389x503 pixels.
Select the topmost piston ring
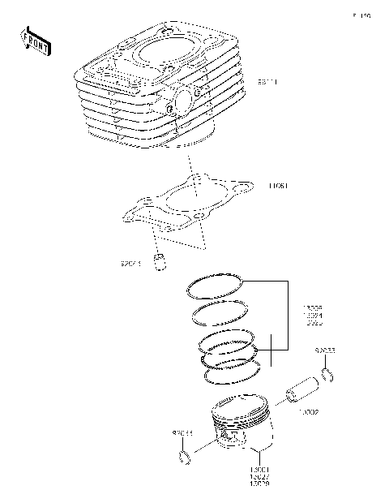click(216, 285)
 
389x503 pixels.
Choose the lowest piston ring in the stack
click(232, 372)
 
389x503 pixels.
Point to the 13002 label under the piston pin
click(308, 412)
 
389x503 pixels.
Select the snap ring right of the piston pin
click(329, 374)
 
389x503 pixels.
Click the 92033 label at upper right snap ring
click(326, 351)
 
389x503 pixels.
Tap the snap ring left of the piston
click(185, 459)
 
